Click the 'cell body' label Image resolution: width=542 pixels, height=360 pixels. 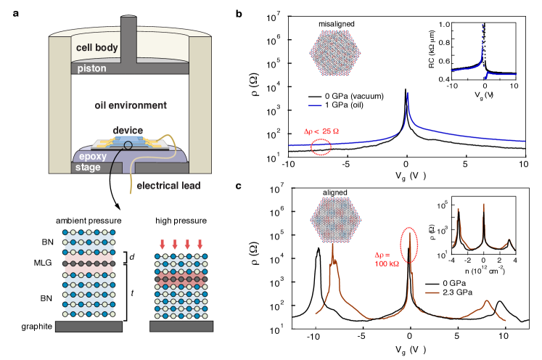pyautogui.click(x=97, y=49)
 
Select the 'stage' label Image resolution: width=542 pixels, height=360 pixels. pyautogui.click(x=88, y=168)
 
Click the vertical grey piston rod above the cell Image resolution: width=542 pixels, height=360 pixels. pyautogui.click(x=130, y=36)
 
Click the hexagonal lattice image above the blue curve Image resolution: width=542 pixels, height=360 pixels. pyautogui.click(x=334, y=53)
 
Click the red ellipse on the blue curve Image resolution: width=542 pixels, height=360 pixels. pyautogui.click(x=320, y=147)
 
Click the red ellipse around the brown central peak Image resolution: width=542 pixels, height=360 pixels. pyautogui.click(x=410, y=245)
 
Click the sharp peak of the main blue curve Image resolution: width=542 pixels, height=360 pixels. pyautogui.click(x=408, y=94)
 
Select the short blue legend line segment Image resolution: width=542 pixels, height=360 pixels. pyautogui.click(x=315, y=105)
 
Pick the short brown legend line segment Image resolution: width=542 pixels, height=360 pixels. pyautogui.click(x=432, y=292)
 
